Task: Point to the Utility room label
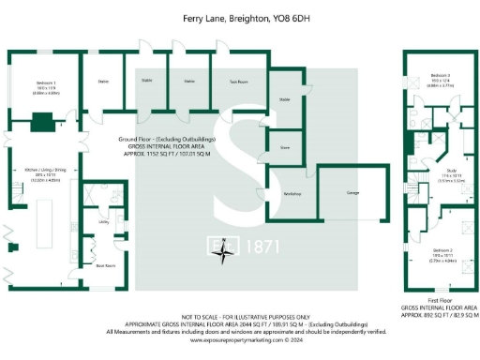coord(104,221)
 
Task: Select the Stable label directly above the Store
coord(284,98)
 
